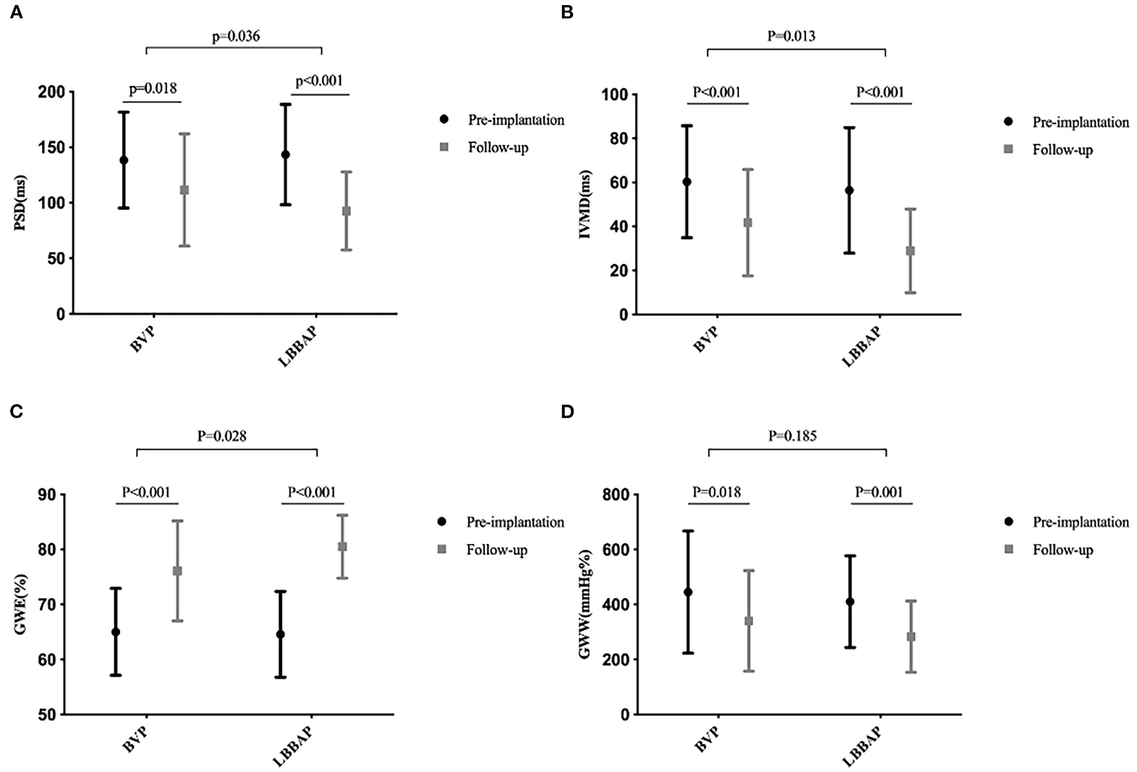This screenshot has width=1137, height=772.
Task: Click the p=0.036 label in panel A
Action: point(236,37)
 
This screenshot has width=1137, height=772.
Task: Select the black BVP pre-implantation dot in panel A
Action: point(123,160)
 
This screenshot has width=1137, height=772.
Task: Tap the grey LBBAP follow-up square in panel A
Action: point(347,211)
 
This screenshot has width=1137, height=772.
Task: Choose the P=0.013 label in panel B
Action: point(791,36)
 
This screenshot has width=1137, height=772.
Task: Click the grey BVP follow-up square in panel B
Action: point(747,223)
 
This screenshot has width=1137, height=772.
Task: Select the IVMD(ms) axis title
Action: point(584,204)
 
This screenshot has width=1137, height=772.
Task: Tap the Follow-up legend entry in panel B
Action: point(1062,150)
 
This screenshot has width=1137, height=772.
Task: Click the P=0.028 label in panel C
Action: point(221,436)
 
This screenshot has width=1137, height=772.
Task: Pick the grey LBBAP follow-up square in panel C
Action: point(342,547)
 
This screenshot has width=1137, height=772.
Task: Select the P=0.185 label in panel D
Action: point(792,436)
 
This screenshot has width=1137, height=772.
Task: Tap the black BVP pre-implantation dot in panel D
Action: point(688,592)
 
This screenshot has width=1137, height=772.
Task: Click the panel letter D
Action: point(567,411)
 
